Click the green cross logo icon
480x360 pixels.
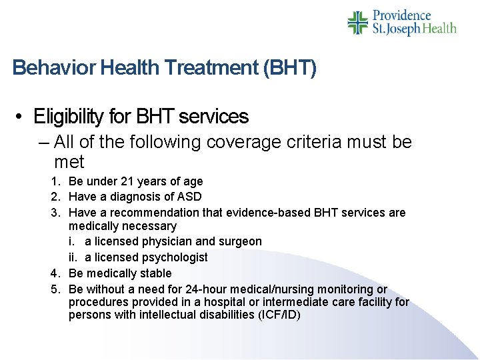tap(358, 22)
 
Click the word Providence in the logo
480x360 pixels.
tap(402, 15)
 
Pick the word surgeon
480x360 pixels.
tap(241, 241)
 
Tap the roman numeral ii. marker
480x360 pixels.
tap(73, 257)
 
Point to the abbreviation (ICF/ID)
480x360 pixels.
tap(273, 315)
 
